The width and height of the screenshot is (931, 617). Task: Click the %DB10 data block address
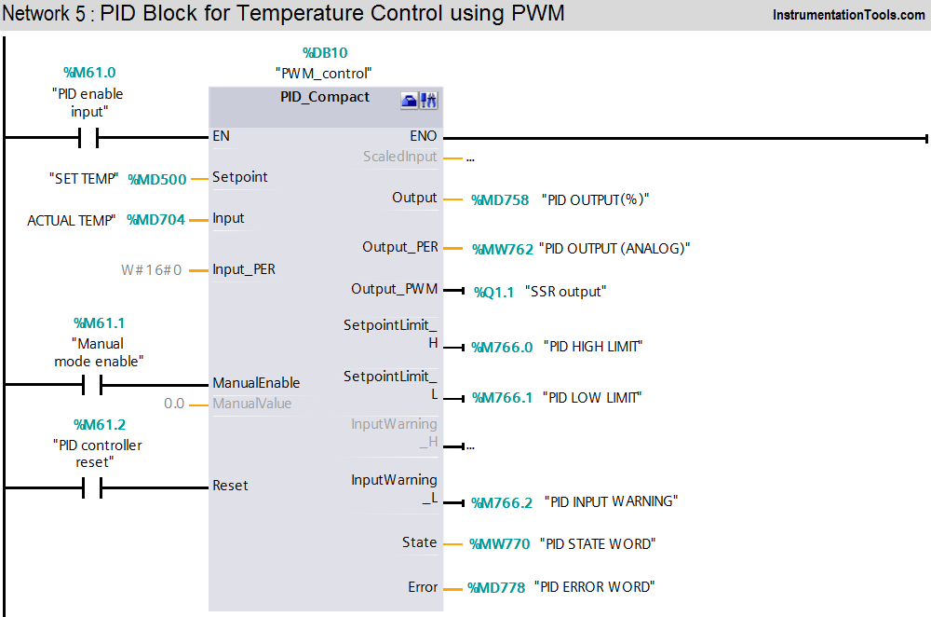pyautogui.click(x=325, y=53)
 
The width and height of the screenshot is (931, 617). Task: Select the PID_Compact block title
pyautogui.click(x=325, y=97)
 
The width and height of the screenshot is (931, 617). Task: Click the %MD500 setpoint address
pyautogui.click(x=156, y=179)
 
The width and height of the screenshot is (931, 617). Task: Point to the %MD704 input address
pyautogui.click(x=156, y=220)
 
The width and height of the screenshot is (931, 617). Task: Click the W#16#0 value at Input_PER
pyautogui.click(x=152, y=270)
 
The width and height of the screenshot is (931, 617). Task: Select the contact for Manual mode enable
pyautogui.click(x=90, y=384)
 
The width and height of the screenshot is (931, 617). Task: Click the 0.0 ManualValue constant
pyautogui.click(x=174, y=404)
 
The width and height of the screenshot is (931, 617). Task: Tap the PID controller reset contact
pyautogui.click(x=90, y=487)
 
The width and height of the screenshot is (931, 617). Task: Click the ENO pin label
pyautogui.click(x=423, y=136)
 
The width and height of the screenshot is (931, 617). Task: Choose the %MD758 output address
pyautogui.click(x=500, y=199)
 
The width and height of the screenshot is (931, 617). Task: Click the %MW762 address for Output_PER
pyautogui.click(x=503, y=249)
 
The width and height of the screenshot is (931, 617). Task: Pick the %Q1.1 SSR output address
pyautogui.click(x=493, y=292)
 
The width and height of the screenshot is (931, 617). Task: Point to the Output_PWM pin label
pyautogui.click(x=394, y=289)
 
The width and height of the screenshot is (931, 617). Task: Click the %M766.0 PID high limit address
pyautogui.click(x=503, y=347)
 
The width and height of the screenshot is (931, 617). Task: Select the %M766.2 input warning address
pyautogui.click(x=503, y=502)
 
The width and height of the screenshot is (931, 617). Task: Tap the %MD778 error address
pyautogui.click(x=499, y=587)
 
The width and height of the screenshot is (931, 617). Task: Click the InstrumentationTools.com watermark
pyautogui.click(x=848, y=15)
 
